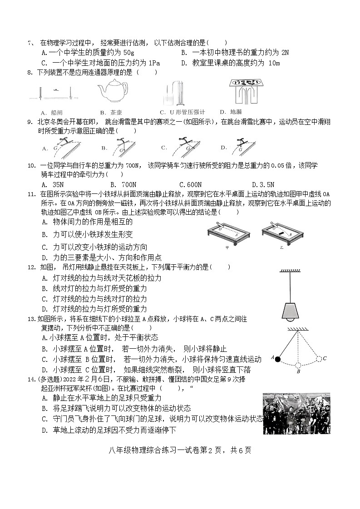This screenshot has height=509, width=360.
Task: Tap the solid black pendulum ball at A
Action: click(278, 359)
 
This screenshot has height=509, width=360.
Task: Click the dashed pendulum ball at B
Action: click(298, 365)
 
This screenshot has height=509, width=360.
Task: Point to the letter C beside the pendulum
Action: click(325, 358)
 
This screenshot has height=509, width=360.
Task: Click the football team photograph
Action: click(296, 414)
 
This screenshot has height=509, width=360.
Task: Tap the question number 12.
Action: click(31, 267)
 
